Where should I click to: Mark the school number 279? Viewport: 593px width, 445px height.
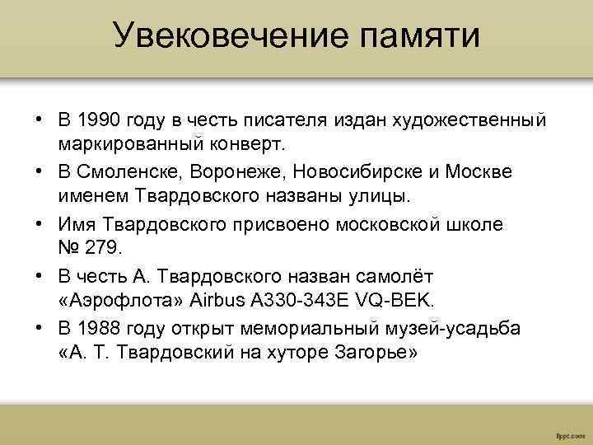(102, 247)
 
